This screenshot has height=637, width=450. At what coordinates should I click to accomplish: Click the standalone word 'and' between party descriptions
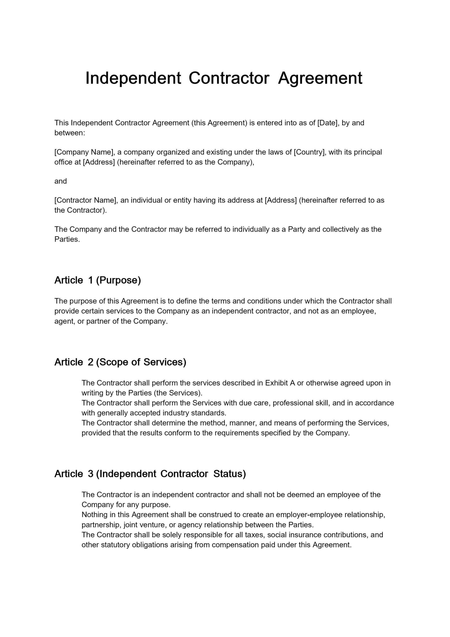point(60,181)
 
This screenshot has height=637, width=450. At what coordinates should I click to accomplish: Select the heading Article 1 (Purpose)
point(98,280)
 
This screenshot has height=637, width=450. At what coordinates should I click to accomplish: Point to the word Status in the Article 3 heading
point(229,474)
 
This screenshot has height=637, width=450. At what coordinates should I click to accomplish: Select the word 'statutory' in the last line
point(115,545)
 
